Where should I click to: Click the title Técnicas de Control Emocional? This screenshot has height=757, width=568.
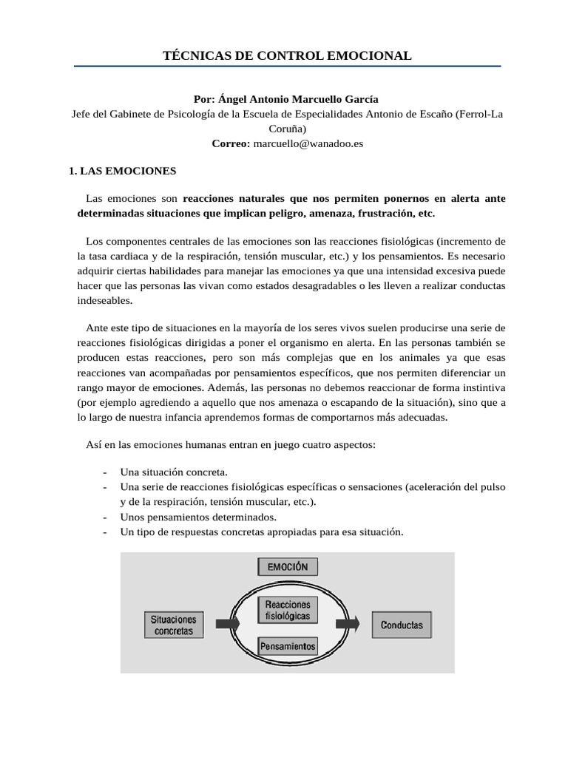click(x=287, y=55)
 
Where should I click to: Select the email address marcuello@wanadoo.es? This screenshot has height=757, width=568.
click(x=308, y=144)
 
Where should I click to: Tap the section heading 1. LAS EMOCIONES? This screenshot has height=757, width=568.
click(x=122, y=171)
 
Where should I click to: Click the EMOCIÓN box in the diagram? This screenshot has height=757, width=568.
click(x=288, y=567)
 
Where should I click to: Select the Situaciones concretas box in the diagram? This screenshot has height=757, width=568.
click(x=174, y=625)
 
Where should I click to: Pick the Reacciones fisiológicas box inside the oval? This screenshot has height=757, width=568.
click(x=288, y=610)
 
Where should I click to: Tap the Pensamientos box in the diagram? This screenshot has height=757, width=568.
click(x=288, y=646)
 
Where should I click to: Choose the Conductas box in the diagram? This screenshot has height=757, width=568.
click(x=402, y=625)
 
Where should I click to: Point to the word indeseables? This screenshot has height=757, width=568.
click(x=104, y=301)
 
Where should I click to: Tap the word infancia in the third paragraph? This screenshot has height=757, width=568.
click(x=231, y=417)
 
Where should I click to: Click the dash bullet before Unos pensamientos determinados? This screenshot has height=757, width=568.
click(x=104, y=517)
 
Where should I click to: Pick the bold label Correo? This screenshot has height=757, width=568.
click(x=231, y=144)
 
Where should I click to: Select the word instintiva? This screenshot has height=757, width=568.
click(x=479, y=387)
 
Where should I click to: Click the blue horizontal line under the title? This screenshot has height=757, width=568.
click(x=287, y=67)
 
